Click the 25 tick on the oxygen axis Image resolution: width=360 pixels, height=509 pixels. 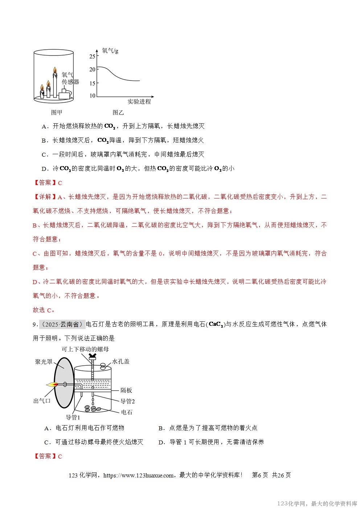(92, 56)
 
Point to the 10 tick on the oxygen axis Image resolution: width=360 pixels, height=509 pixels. (92, 96)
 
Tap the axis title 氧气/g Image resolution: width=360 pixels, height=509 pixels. (110, 51)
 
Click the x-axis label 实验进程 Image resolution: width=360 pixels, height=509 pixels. (139, 102)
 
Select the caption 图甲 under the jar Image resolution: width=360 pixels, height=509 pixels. (56, 112)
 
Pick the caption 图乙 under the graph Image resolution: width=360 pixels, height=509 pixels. (118, 112)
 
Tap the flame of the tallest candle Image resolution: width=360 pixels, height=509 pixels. (55, 70)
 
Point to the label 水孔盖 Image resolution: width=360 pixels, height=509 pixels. (121, 361)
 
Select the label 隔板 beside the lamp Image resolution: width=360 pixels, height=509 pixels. (126, 390)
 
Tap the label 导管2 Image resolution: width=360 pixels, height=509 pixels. (128, 401)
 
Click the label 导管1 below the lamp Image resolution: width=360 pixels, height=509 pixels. (73, 417)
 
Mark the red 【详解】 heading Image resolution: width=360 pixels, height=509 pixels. (45, 197)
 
